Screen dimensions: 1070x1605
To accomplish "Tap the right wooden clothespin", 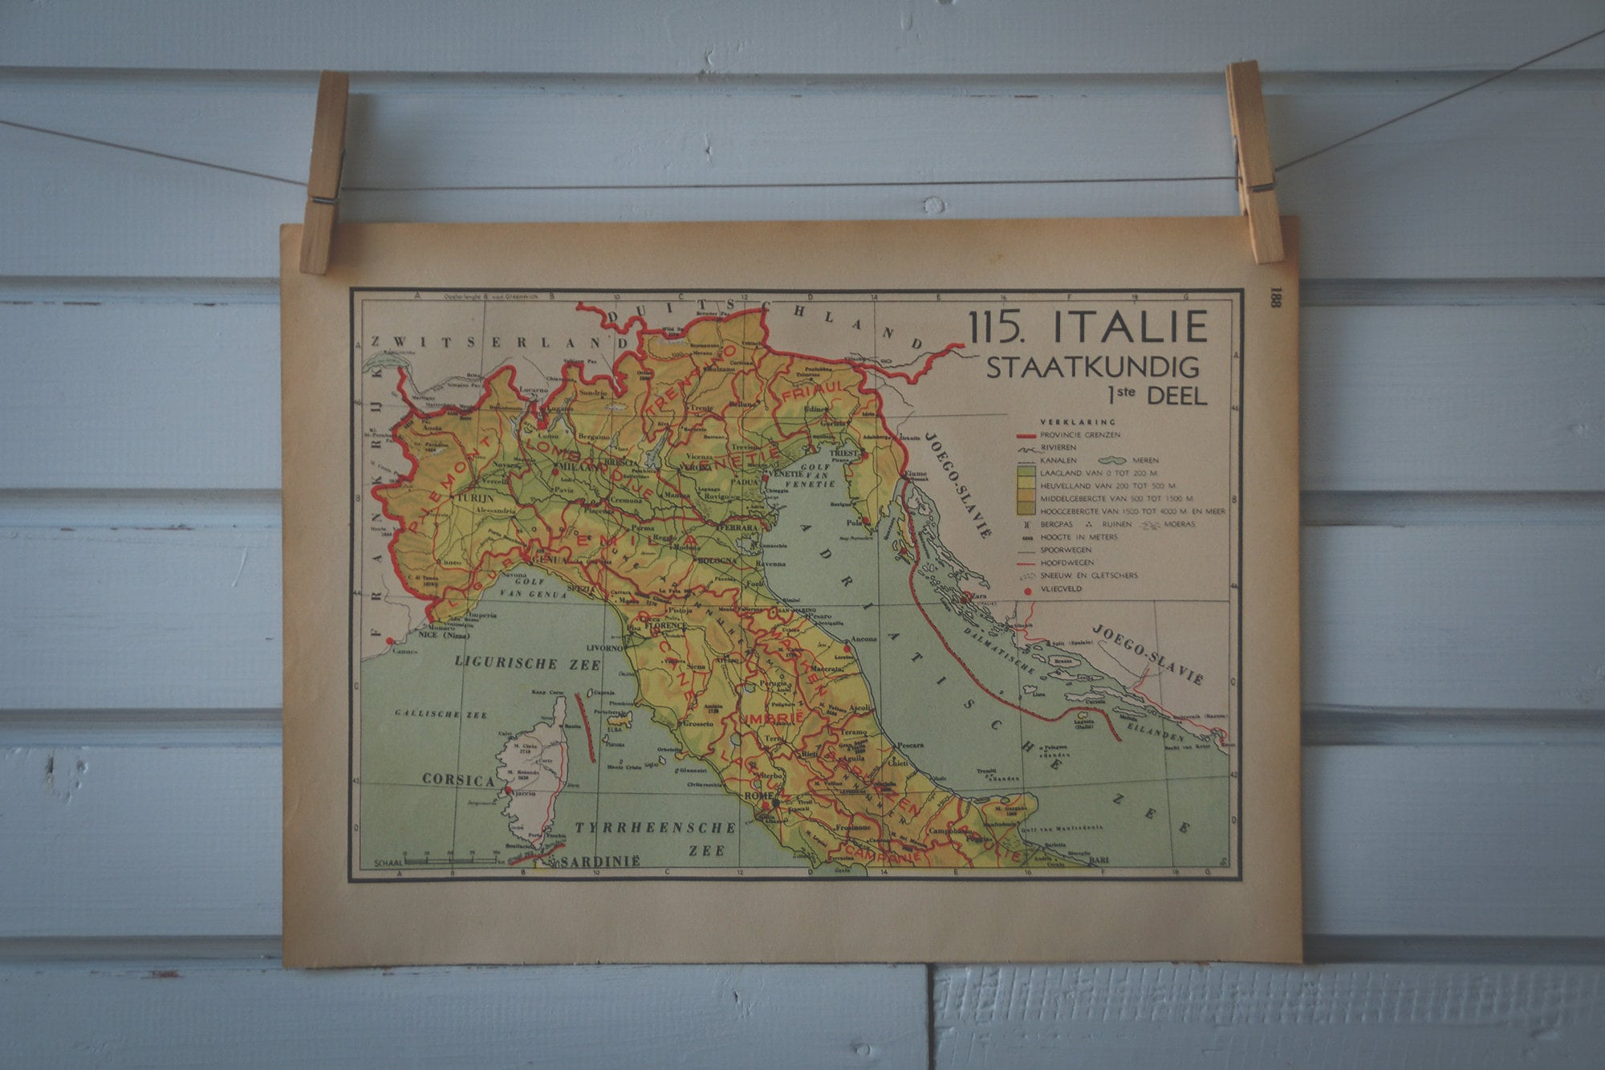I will [1254, 161].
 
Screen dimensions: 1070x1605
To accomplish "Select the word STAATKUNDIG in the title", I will [1092, 368].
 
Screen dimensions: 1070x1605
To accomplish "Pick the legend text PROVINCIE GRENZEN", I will [1080, 434].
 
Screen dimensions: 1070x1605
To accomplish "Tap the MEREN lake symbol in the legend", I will [1115, 461].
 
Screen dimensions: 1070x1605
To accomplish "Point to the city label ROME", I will [757, 795].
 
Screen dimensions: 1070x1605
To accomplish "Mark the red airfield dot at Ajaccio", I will [509, 791].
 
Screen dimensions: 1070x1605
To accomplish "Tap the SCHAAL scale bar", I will [449, 860].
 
